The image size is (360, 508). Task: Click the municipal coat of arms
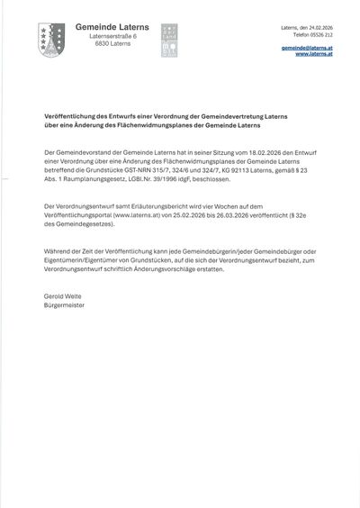click(x=51, y=41)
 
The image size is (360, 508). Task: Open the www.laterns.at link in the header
click(x=314, y=54)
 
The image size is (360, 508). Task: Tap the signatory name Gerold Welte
click(x=62, y=295)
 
